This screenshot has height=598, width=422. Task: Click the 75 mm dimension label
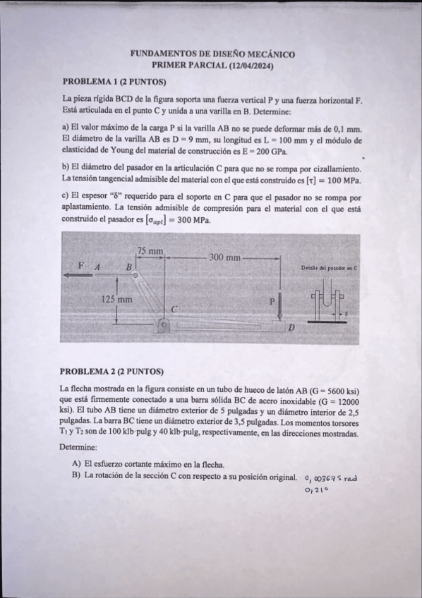[150, 251]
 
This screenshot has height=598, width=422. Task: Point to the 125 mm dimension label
[117, 300]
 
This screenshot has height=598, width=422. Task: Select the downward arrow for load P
[280, 306]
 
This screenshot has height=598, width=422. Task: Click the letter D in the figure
[290, 328]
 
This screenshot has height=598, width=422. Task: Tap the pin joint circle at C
[164, 325]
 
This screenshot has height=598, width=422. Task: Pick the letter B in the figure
[129, 267]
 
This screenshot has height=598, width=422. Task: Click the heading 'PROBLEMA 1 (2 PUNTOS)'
[114, 81]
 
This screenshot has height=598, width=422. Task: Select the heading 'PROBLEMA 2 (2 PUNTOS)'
[112, 371]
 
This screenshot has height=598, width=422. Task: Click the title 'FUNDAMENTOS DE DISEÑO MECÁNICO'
[213, 54]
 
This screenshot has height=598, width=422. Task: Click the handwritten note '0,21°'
[312, 491]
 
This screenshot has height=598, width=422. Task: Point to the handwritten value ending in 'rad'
[332, 478]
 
